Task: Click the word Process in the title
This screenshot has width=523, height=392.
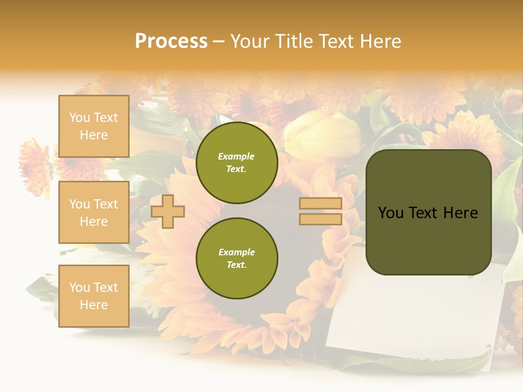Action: (x=171, y=41)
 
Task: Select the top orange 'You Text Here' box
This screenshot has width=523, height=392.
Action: (x=94, y=126)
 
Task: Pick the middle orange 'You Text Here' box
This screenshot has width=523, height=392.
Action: (x=94, y=212)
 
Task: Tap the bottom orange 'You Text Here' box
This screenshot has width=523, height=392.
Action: (x=94, y=296)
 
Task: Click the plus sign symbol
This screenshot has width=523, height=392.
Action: (x=168, y=211)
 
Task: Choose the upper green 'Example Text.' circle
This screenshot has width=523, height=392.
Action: (x=236, y=163)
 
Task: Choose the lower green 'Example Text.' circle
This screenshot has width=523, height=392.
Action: (x=236, y=259)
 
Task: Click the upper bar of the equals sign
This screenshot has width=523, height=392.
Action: (x=320, y=203)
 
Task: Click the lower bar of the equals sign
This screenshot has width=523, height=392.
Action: (x=320, y=219)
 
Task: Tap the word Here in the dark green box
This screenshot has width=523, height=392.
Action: (x=460, y=213)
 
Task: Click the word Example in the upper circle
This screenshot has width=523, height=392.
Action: (x=236, y=156)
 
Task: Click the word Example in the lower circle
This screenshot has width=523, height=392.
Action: (x=236, y=252)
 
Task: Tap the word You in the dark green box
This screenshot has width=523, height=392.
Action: (x=391, y=213)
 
